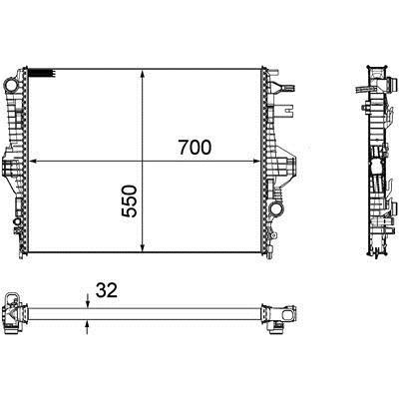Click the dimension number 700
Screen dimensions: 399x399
pyautogui.click(x=195, y=148)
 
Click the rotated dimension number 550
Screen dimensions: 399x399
pyautogui.click(x=130, y=201)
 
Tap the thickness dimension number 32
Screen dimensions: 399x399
pyautogui.click(x=107, y=290)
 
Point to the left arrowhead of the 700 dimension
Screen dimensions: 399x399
pyautogui.click(x=33, y=162)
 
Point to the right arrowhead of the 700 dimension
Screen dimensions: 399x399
pyautogui.click(x=256, y=162)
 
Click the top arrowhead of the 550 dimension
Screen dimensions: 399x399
pyautogui.click(x=143, y=74)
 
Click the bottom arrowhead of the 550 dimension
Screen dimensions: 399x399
pyautogui.click(x=143, y=247)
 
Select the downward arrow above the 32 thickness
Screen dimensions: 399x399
pyautogui.click(x=88, y=301)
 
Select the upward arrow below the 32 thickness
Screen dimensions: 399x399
pyautogui.click(x=88, y=327)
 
